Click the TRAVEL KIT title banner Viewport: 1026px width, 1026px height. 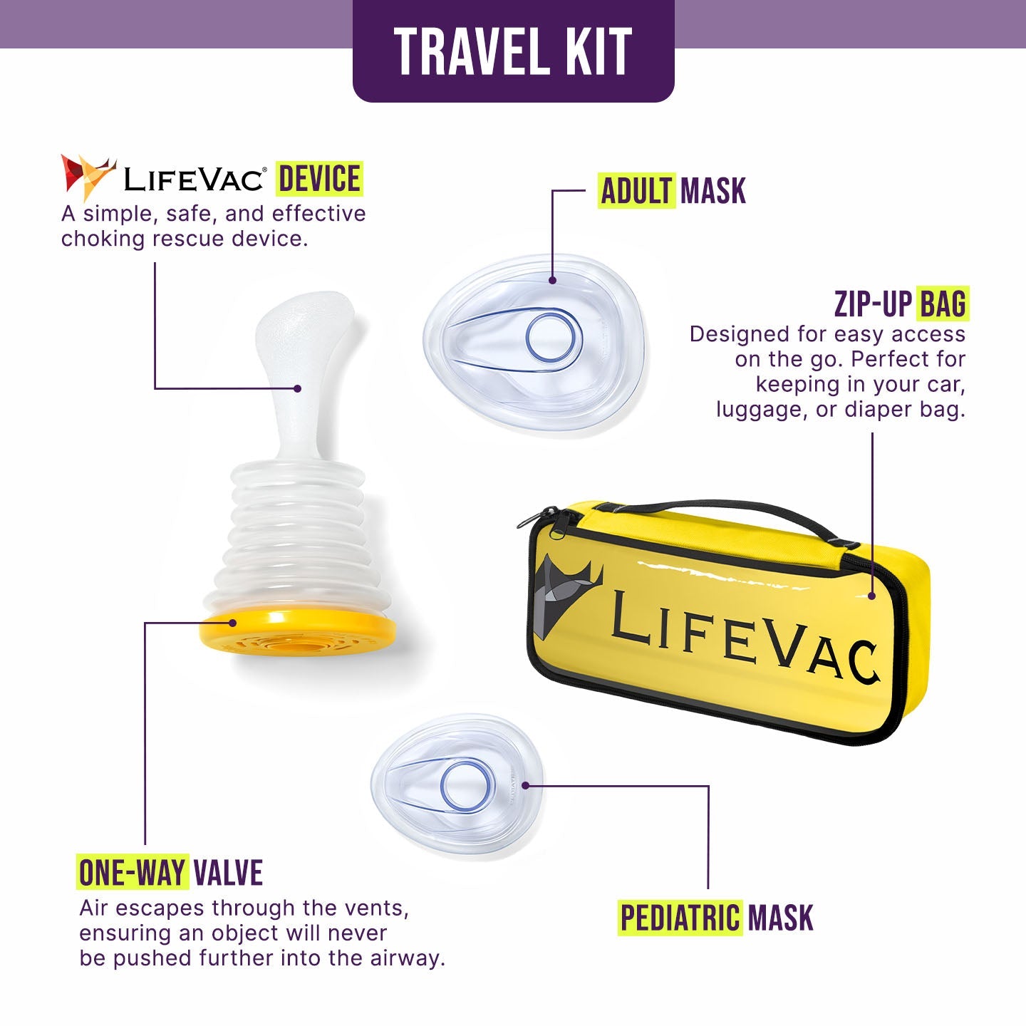point(513,51)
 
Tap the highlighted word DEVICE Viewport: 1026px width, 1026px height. point(319,179)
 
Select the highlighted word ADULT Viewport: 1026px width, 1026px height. point(636,191)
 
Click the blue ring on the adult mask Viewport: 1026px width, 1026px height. point(554,336)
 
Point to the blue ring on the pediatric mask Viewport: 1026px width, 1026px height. point(467,787)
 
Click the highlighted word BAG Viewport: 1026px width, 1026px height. point(943,304)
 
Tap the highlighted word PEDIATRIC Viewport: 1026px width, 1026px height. point(680,918)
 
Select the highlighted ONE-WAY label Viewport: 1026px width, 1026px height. point(133,873)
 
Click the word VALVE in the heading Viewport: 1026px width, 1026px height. point(228,873)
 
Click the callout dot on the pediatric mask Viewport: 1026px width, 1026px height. point(525,785)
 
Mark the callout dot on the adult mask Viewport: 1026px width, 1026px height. point(553,280)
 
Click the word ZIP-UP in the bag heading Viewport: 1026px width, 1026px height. point(872,304)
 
